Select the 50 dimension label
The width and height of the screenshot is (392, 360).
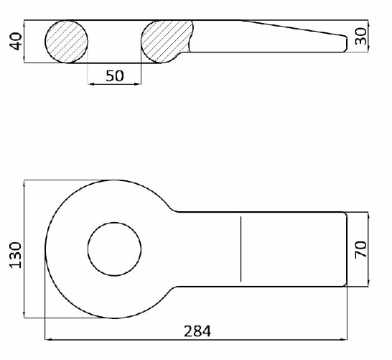114,75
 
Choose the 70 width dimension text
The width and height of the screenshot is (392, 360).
360,249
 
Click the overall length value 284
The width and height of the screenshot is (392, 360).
197,331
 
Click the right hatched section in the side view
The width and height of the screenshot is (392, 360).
165,41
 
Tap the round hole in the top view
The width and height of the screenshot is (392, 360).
114,249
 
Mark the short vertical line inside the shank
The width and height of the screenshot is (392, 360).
241,249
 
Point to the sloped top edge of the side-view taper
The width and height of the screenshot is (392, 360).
294,27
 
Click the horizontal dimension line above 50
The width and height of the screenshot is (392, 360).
114,85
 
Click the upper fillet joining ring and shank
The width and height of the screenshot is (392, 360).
172,209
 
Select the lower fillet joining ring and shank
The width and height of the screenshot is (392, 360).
172,290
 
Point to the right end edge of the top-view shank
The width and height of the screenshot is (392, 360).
347,249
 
